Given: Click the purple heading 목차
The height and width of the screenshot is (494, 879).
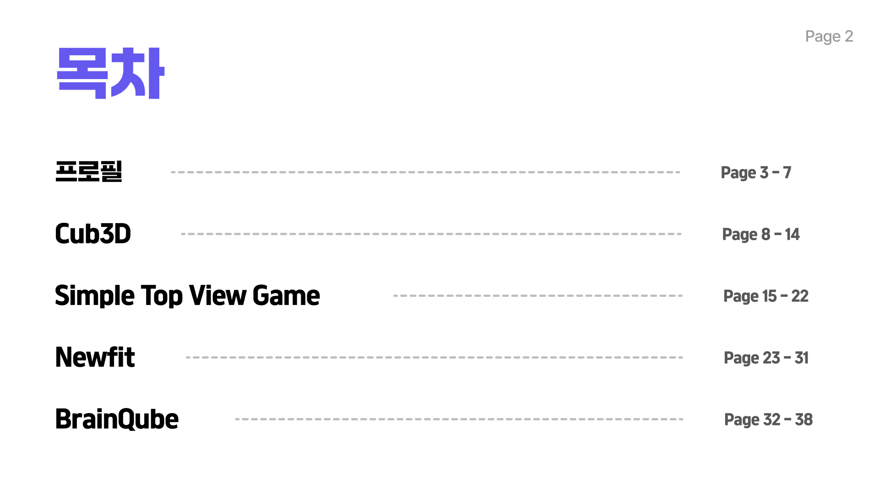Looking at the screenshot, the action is point(110,73).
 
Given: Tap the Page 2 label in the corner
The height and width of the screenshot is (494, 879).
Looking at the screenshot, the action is point(829,36).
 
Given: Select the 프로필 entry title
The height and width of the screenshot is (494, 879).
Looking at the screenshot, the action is point(89,172).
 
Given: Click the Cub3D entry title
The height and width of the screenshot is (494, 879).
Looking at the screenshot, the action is point(93,234).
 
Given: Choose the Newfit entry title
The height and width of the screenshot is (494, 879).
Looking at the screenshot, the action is point(95,357).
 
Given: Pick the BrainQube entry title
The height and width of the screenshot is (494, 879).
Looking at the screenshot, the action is point(117,419).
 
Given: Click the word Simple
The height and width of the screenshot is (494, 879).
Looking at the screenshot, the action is point(94,295).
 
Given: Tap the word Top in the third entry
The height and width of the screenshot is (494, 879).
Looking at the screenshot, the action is point(162,295).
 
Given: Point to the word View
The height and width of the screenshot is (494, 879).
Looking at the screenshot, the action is point(218,295).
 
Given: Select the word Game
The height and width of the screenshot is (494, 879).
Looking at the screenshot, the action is point(286,295).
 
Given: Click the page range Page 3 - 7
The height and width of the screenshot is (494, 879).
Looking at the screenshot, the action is point(756,172).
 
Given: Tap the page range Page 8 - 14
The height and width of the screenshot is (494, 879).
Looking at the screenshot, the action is point(761,234).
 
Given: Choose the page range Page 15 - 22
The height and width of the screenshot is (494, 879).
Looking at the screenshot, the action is point(766,296).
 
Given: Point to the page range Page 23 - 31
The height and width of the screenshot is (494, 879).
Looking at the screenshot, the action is point(766,358).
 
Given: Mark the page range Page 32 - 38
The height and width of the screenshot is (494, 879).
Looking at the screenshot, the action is point(768,419).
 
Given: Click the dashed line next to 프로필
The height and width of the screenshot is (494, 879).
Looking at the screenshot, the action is point(426,172).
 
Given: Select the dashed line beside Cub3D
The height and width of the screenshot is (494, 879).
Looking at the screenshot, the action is point(431,234).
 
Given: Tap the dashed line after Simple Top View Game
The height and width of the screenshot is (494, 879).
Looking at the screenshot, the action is point(538,295).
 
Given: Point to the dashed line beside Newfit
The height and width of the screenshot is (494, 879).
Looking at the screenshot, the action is point(434,357).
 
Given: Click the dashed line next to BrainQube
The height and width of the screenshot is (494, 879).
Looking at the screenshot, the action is point(459,419).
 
